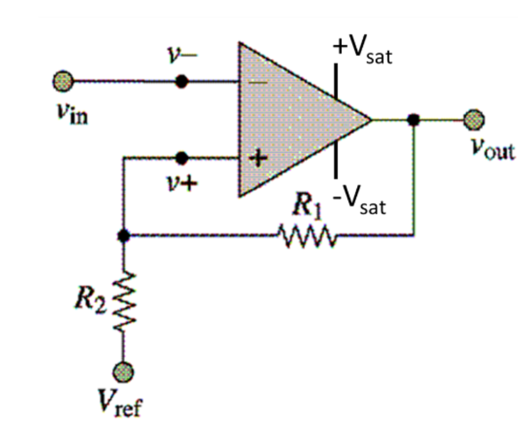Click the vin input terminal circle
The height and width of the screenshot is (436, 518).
[x=63, y=82]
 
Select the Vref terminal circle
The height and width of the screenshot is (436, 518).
[x=123, y=371]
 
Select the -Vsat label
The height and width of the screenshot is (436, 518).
[x=360, y=202]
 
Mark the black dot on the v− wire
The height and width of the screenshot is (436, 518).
[x=182, y=82]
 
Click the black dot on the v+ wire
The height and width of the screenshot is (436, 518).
[x=182, y=157]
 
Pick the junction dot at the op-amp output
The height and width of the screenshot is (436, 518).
[x=413, y=119]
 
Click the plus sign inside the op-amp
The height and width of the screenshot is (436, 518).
[x=256, y=158]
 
